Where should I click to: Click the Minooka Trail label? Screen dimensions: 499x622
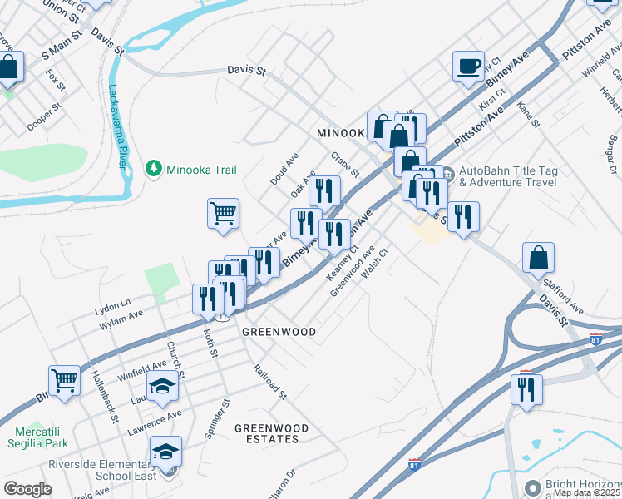[x=201, y=169]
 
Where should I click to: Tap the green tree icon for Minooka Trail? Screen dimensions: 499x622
[x=153, y=169]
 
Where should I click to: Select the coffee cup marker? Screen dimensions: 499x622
[x=468, y=66]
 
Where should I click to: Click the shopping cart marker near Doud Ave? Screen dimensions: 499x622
[x=223, y=214]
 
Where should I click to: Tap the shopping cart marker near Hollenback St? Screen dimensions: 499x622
[x=64, y=380]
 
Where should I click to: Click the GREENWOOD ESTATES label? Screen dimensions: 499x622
[x=271, y=433]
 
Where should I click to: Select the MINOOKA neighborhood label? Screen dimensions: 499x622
[x=341, y=133]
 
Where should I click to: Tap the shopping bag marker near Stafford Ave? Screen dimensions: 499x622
[x=538, y=258]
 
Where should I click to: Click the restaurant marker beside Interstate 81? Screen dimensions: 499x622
[x=526, y=389]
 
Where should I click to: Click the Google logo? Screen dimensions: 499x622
[x=27, y=488]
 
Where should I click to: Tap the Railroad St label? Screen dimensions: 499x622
[x=269, y=382]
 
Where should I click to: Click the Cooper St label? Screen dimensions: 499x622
[x=44, y=117]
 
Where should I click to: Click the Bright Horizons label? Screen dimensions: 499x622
[x=582, y=484]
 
